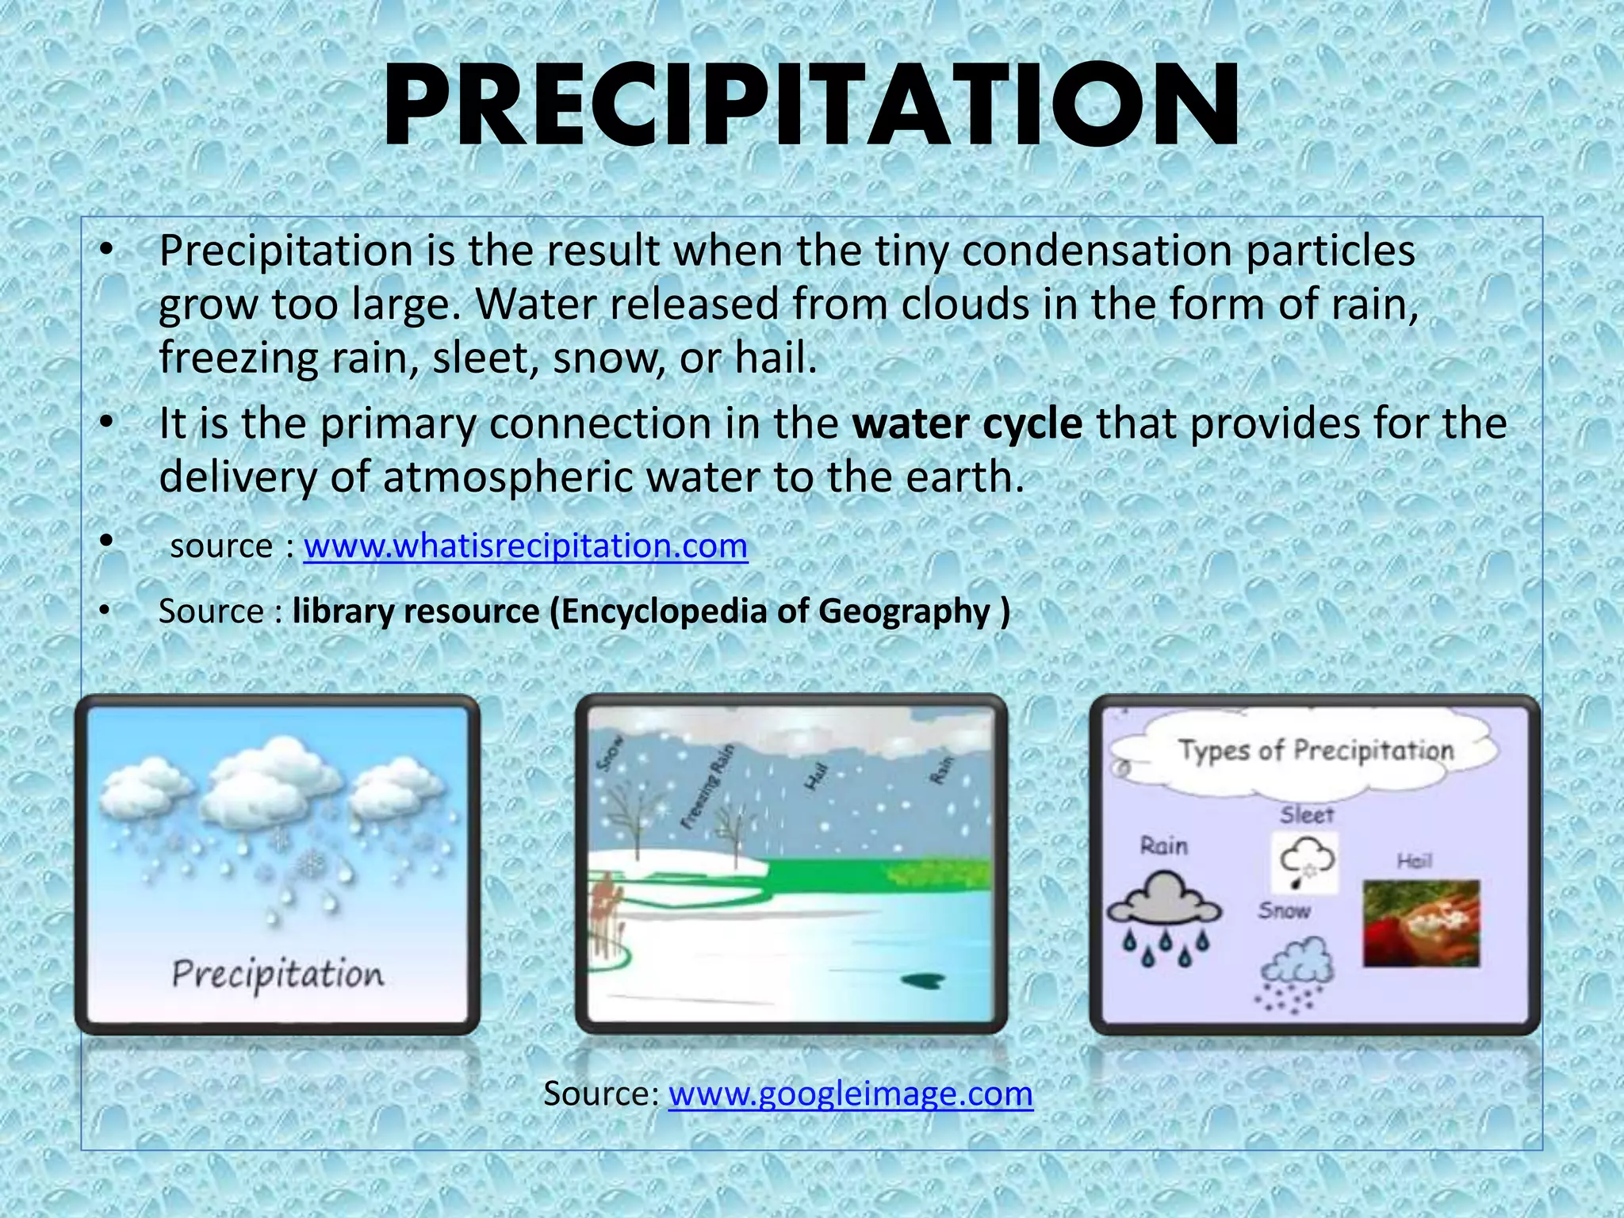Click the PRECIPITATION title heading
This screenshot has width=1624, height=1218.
(x=811, y=107)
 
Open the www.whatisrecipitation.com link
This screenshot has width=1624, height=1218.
(x=525, y=546)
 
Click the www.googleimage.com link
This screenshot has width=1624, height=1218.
(x=850, y=1094)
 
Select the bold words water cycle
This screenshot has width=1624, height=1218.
(x=967, y=423)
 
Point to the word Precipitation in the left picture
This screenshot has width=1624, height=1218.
(x=278, y=975)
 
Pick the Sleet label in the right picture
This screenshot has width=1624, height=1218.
(x=1307, y=814)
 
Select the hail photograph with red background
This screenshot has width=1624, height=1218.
(x=1421, y=923)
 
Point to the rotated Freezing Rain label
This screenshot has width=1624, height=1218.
(x=707, y=787)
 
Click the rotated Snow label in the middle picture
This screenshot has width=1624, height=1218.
(x=610, y=753)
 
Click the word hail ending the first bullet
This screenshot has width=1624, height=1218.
(x=774, y=358)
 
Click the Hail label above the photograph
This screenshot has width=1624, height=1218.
(x=1414, y=861)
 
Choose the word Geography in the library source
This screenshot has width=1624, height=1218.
(x=903, y=611)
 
